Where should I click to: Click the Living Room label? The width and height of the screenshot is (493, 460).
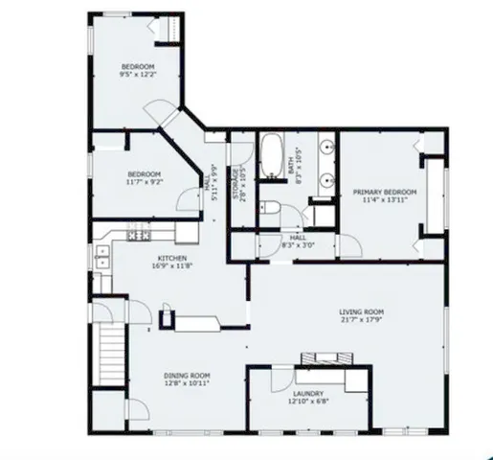(x=362, y=311)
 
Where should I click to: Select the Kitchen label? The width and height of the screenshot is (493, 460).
(x=170, y=259)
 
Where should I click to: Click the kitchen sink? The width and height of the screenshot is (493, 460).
(x=101, y=255)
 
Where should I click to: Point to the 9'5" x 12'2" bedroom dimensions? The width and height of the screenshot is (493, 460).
(x=137, y=74)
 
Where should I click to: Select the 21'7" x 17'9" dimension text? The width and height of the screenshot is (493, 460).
(x=362, y=320)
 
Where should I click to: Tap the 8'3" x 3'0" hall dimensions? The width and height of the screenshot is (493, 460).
(x=298, y=246)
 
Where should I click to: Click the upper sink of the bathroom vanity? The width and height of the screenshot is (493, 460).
(x=326, y=149)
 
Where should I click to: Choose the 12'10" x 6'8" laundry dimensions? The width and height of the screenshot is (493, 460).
(x=308, y=401)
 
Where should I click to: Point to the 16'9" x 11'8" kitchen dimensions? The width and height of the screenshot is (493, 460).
(x=170, y=267)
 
